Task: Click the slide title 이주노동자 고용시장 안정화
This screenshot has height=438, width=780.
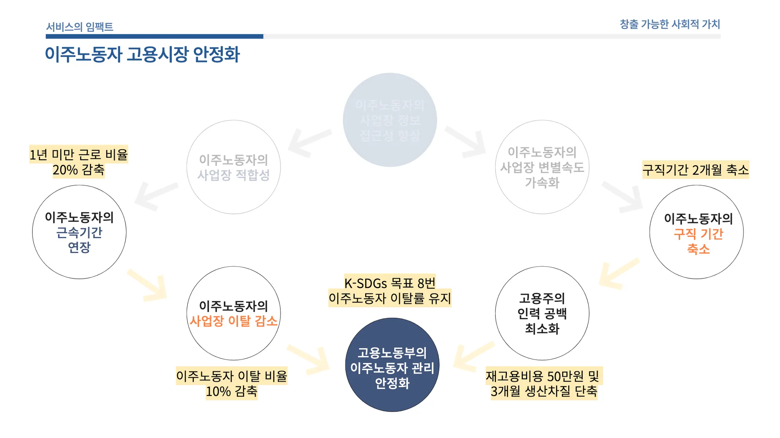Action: pos(142,54)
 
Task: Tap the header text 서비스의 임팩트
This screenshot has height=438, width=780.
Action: pos(80,27)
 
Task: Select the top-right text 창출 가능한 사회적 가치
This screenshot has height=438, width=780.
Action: pos(670,24)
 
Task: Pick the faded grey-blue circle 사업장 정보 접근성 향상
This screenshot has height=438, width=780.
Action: pos(390,119)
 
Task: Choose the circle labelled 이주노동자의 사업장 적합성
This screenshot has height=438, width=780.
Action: pos(233,167)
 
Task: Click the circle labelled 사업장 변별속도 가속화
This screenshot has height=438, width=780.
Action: pos(542,167)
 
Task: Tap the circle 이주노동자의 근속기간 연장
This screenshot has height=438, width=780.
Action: pos(79,232)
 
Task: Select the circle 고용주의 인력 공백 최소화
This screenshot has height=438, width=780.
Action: pos(542,313)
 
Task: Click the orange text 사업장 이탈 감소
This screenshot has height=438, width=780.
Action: pos(233,321)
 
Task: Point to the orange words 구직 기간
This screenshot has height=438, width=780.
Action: pos(698,234)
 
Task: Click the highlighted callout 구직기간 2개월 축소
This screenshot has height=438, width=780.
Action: pos(695,169)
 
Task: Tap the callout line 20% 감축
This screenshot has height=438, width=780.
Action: pos(78,170)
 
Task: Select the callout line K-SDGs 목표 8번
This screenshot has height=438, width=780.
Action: pos(390,283)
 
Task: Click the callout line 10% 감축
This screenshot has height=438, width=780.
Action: pos(232,391)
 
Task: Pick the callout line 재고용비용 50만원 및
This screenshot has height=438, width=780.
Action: pos(542,376)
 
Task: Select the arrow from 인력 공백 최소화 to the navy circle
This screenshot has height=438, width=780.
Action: pos(472,356)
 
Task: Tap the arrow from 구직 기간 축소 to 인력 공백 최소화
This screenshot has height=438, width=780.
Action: pos(617,274)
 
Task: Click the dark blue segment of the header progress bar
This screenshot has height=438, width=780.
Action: pos(154,37)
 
